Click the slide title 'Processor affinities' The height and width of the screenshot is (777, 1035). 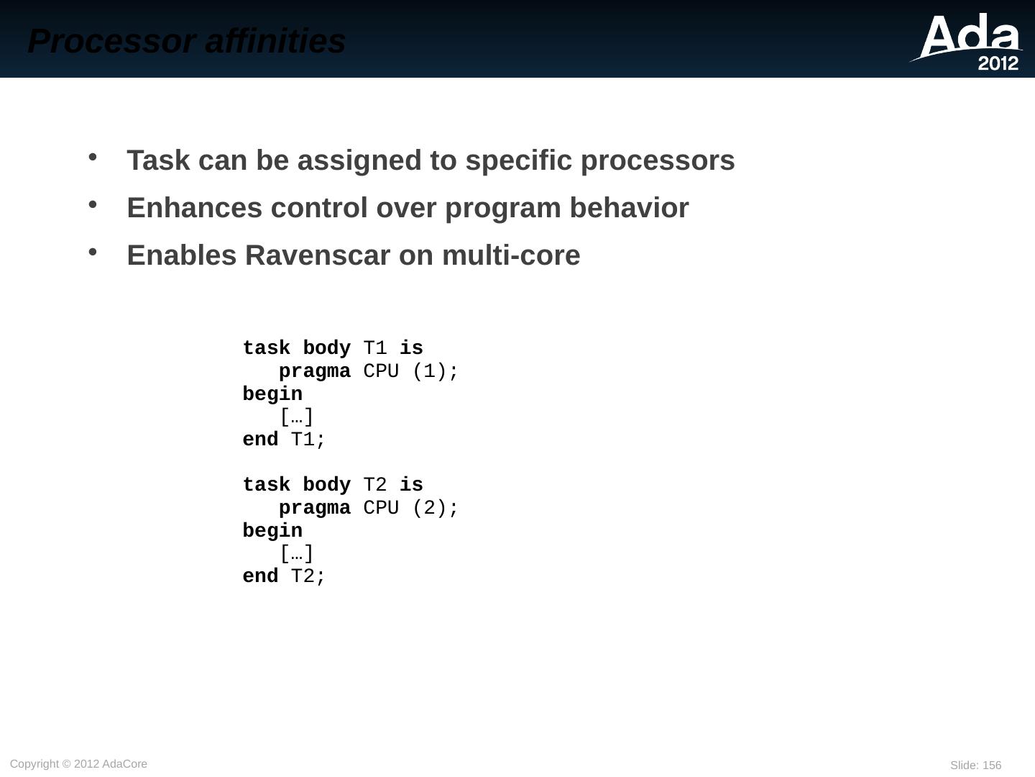pos(187,41)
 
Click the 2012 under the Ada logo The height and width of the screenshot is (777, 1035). pos(998,63)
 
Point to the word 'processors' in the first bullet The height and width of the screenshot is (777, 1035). pos(658,160)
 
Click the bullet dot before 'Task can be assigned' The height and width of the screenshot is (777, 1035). pos(93,157)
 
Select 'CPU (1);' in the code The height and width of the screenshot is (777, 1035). pos(410,371)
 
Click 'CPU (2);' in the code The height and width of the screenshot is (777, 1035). pos(410,508)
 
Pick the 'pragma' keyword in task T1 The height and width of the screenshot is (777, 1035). pos(314,371)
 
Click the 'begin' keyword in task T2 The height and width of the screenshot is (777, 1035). pos(272,531)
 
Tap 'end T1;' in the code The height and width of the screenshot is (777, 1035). pos(284,440)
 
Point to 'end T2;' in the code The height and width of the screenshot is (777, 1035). pos(284,576)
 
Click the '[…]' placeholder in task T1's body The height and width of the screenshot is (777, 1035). pos(296,417)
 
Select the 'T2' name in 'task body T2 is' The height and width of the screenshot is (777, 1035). pos(375,485)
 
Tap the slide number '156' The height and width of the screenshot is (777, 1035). pos(992,765)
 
